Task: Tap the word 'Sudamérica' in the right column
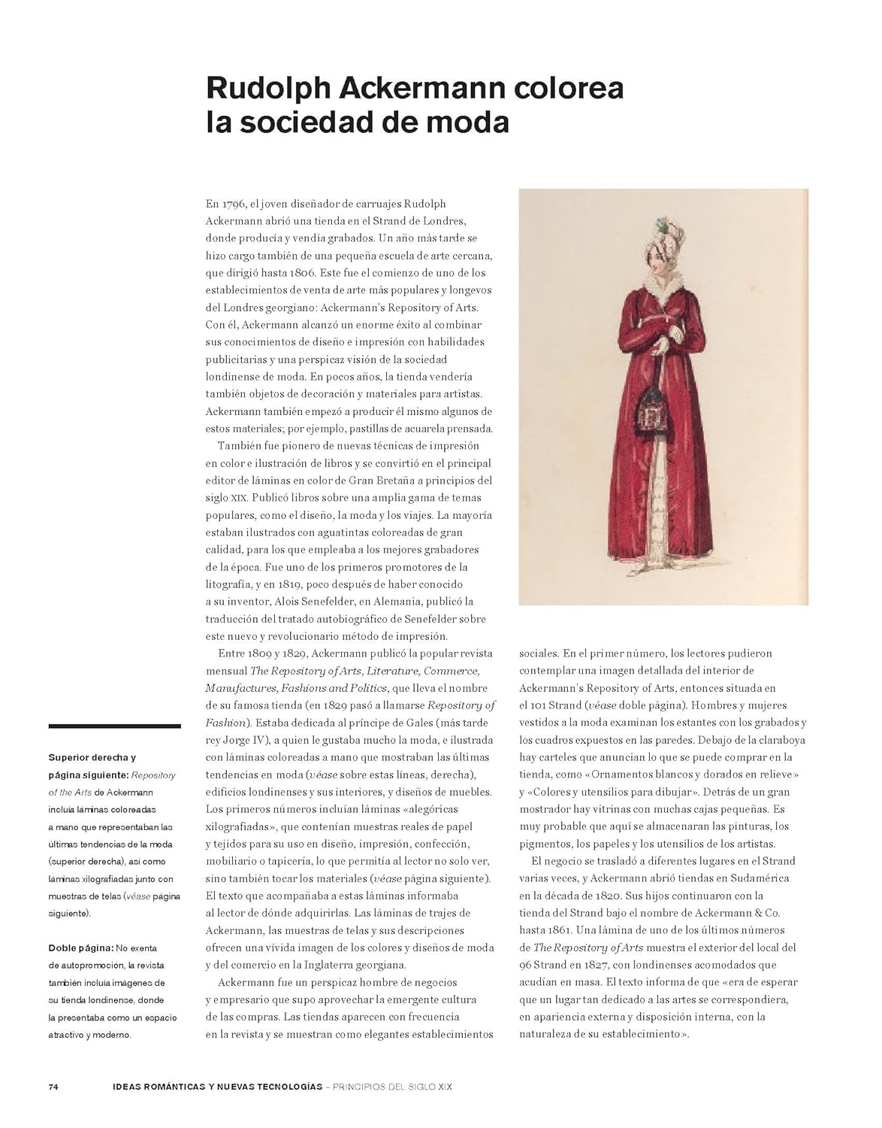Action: coord(759,878)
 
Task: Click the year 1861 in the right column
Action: coord(568,930)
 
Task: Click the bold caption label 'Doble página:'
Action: coord(81,948)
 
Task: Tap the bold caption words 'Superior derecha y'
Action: coord(92,757)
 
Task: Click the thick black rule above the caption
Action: coord(114,726)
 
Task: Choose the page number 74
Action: coord(53,1087)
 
